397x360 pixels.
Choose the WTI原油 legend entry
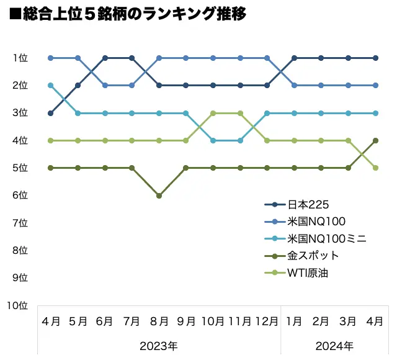click(308, 272)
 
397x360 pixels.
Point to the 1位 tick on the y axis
click(20, 58)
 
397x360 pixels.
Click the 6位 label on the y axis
click(20, 195)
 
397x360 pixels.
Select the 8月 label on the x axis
click(159, 322)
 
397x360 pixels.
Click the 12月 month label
click(267, 322)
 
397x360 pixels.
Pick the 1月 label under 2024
click(294, 322)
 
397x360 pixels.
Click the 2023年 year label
click(159, 345)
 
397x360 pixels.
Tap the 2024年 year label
click(334, 345)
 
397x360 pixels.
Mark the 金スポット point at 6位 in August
click(159, 196)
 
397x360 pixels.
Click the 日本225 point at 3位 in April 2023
click(50, 113)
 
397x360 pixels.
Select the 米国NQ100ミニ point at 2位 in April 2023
click(50, 85)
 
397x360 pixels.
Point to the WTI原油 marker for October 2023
click(213, 113)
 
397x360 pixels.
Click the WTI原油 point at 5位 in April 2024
click(375, 168)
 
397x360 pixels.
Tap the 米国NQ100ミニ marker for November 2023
click(240, 140)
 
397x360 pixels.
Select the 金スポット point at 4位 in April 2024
click(375, 140)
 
